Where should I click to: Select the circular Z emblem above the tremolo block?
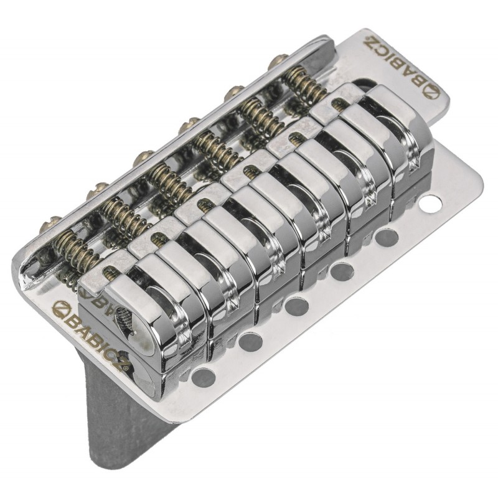61,307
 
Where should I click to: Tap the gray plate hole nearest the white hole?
387,237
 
